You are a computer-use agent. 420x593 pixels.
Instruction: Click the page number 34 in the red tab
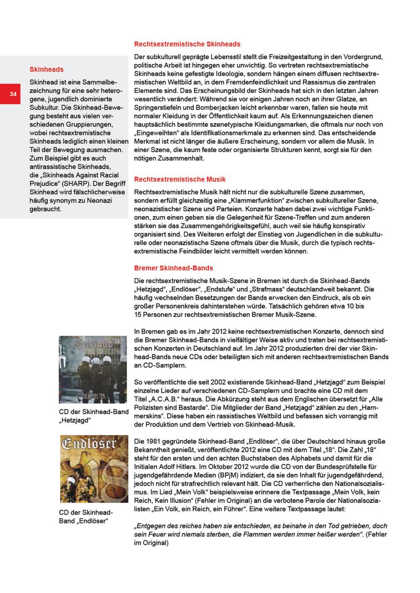(13, 95)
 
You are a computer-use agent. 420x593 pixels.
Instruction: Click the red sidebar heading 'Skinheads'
(46, 70)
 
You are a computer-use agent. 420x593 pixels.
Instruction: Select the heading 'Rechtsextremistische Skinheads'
(187, 44)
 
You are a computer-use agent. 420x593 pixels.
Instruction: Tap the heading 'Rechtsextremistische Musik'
(180, 179)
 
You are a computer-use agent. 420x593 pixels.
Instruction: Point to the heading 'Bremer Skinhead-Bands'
(173, 268)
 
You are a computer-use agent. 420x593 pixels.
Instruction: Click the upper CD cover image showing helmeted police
(92, 369)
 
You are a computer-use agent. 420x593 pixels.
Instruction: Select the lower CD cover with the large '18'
(94, 468)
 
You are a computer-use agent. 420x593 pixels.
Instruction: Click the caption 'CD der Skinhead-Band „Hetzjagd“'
(93, 416)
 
